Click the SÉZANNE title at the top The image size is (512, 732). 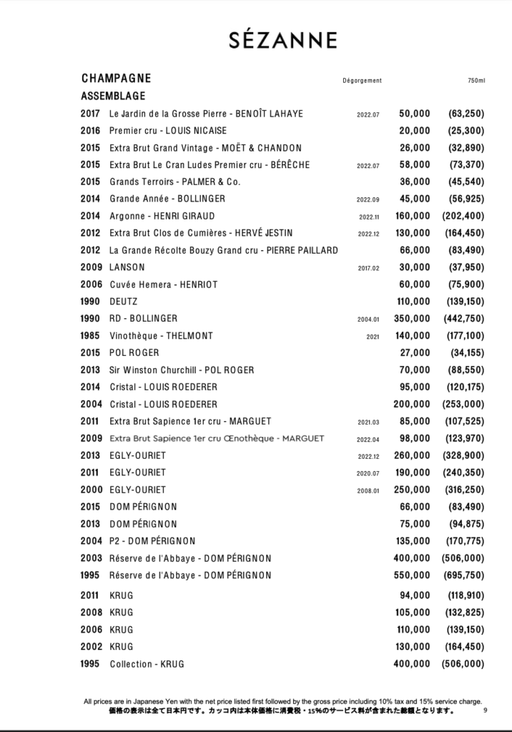tap(282, 41)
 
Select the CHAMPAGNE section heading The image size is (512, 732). tap(116, 78)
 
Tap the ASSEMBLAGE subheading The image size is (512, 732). tap(113, 96)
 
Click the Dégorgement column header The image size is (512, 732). tap(362, 80)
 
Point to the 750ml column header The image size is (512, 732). tap(476, 80)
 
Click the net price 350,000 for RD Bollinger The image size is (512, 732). tap(412, 318)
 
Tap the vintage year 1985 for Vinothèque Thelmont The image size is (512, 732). tap(91, 335)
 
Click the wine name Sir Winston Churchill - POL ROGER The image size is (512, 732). tap(182, 370)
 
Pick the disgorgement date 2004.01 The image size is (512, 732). tap(368, 319)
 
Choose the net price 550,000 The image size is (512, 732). tap(412, 575)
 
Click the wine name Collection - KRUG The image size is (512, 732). tap(147, 664)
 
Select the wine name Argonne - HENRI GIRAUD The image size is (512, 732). tap(162, 215)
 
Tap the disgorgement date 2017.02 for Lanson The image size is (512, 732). tap(368, 268)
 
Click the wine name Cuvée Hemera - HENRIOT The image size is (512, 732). tap(163, 284)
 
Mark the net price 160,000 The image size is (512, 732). tap(412, 215)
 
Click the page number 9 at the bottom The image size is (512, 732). tap(485, 710)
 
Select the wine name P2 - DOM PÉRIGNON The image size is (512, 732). tap(152, 540)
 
